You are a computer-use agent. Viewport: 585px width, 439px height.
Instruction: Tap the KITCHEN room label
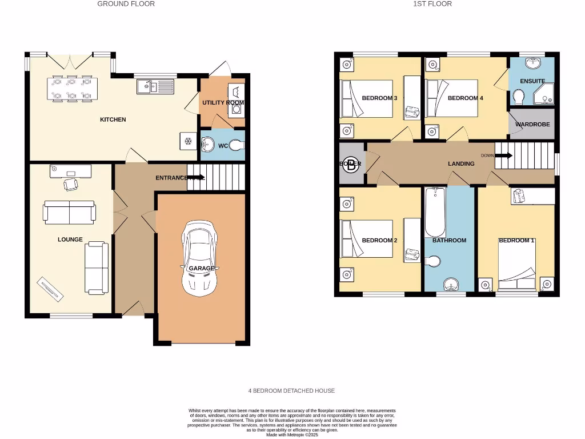(113, 119)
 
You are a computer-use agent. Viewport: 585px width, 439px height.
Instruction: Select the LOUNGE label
(70, 240)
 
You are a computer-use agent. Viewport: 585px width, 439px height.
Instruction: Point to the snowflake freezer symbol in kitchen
(187, 140)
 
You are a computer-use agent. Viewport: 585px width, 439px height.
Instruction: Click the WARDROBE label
(532, 124)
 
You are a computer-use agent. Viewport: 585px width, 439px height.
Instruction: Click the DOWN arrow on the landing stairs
(504, 155)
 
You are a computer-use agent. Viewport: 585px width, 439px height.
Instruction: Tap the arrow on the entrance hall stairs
(196, 177)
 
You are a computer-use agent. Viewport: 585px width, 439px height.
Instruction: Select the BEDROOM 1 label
(516, 241)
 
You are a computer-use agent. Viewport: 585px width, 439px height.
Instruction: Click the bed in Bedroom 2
(366, 240)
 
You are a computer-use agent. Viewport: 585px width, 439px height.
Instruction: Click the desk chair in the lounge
(71, 184)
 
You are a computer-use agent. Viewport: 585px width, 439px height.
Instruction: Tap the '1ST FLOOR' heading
(432, 4)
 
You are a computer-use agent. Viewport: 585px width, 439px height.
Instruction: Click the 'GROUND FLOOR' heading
(126, 4)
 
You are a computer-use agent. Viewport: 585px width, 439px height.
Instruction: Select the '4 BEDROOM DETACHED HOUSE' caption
(291, 391)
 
